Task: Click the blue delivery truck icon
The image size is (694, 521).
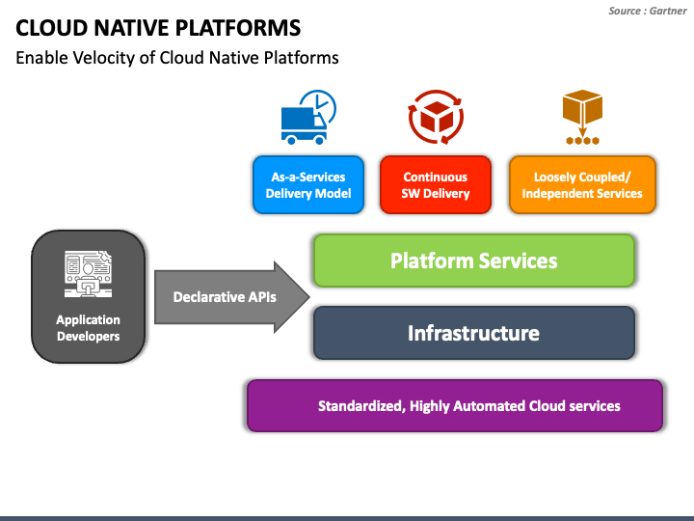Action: tap(304, 125)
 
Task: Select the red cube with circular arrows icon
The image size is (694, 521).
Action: tap(436, 117)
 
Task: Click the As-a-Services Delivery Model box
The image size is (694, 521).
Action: tap(308, 184)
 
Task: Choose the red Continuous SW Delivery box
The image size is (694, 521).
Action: tap(436, 184)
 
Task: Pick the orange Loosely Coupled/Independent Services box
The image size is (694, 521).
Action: tap(582, 184)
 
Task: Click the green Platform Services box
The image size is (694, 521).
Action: tap(474, 260)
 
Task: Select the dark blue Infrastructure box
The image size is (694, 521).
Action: tap(474, 333)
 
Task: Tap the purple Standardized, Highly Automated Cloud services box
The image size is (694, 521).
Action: tap(455, 405)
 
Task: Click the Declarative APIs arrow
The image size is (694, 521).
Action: tap(232, 297)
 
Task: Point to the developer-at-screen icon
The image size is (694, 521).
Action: tap(88, 274)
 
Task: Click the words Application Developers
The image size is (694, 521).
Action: tap(88, 328)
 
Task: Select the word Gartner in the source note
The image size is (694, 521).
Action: tap(668, 11)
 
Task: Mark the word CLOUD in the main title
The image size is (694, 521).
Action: tap(51, 28)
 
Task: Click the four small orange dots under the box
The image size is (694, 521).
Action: tap(582, 141)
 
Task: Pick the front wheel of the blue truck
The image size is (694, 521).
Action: tap(319, 141)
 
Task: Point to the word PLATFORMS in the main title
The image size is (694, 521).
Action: tap(238, 28)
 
